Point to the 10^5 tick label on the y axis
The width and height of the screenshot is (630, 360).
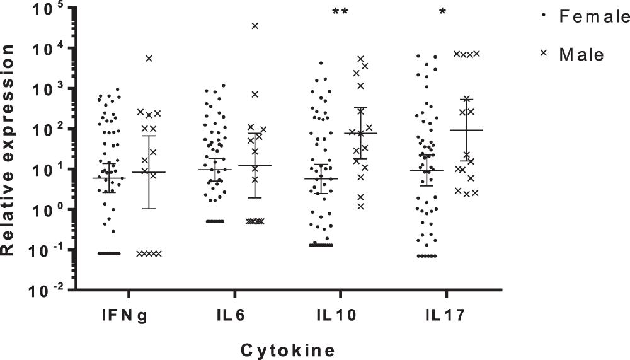click(45, 8)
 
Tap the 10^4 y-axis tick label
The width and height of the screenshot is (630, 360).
click(45, 48)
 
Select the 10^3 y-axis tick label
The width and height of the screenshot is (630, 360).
click(45, 88)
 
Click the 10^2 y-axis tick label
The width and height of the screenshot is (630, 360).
click(45, 129)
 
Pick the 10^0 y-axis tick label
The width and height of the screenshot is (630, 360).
click(45, 209)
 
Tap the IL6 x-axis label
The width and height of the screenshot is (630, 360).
click(234, 316)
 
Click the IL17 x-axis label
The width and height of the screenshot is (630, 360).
click(445, 316)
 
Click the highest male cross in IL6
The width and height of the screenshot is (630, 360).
click(255, 26)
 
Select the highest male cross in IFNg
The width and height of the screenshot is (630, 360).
click(149, 58)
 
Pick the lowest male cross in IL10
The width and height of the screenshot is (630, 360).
click(361, 206)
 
